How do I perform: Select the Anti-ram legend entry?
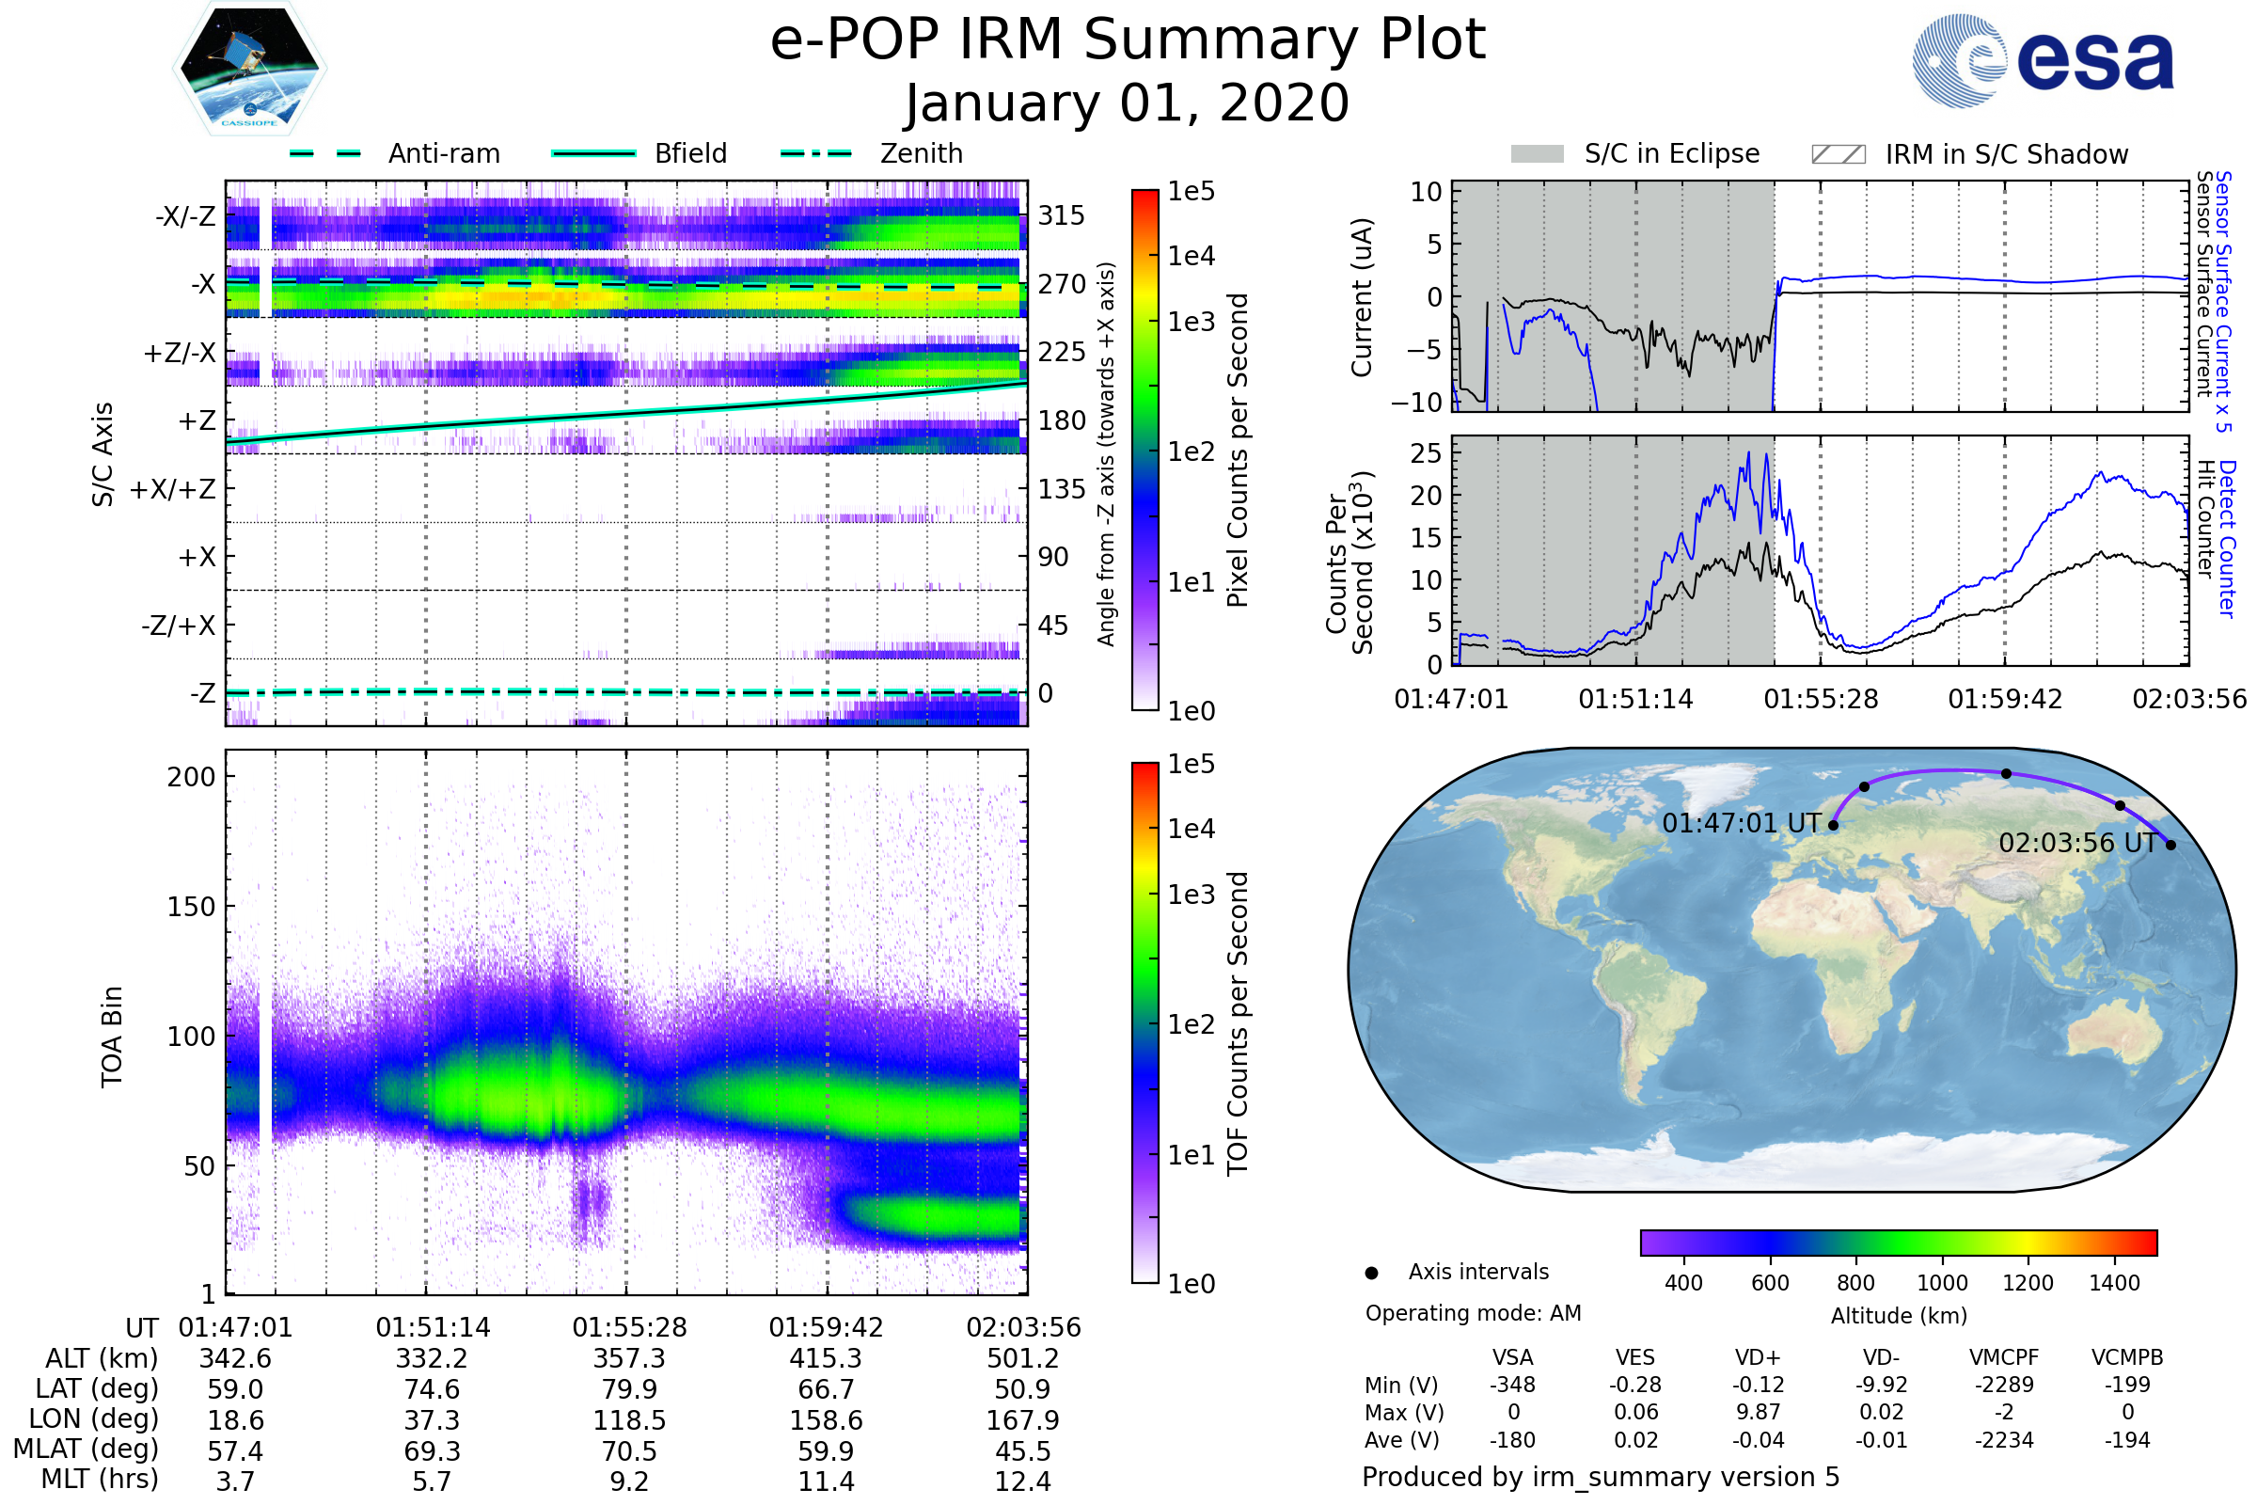click(x=394, y=153)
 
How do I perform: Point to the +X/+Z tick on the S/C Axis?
click(x=173, y=489)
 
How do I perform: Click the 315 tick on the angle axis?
click(x=1061, y=215)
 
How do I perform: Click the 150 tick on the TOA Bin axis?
click(x=191, y=906)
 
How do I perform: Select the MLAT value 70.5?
click(x=628, y=1450)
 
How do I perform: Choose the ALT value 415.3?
click(x=826, y=1358)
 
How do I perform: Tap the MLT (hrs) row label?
click(x=100, y=1479)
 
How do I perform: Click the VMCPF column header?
click(x=2004, y=1357)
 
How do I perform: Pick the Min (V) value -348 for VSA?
click(x=1512, y=1385)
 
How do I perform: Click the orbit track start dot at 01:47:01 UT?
click(x=1833, y=825)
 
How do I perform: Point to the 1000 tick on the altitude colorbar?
click(x=1942, y=1283)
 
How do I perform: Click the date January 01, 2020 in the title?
click(x=1128, y=103)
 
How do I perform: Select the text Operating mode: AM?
click(x=1473, y=1313)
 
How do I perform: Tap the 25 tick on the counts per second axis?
click(x=1426, y=453)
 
